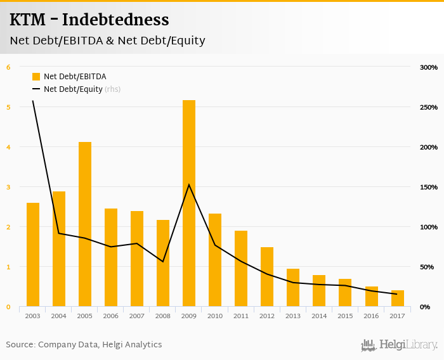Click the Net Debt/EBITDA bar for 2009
pyautogui.click(x=189, y=203)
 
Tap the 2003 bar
pyautogui.click(x=33, y=254)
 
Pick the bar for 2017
pyautogui.click(x=398, y=299)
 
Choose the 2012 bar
pyautogui.click(x=267, y=277)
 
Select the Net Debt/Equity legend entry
pyautogui.click(x=73, y=89)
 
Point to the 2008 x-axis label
pyautogui.click(x=163, y=316)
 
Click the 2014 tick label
pyautogui.click(x=319, y=316)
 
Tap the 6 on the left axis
pyautogui.click(x=8, y=67)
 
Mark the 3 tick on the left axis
pyautogui.click(x=8, y=187)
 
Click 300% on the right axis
pyautogui.click(x=429, y=67)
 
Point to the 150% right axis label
pyautogui.click(x=429, y=187)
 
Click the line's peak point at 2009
pyautogui.click(x=189, y=184)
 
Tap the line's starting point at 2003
pyautogui.click(x=33, y=101)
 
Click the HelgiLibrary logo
pyautogui.click(x=400, y=345)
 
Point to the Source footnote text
pyautogui.click(x=84, y=345)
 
